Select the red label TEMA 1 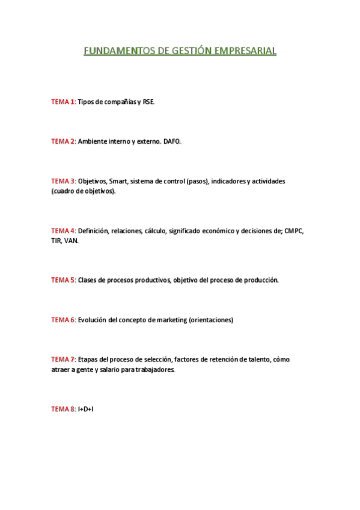(x=63, y=102)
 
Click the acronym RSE (x=148, y=102)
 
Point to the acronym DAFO (x=172, y=141)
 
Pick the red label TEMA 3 (x=63, y=181)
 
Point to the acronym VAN (x=71, y=241)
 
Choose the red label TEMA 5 (x=63, y=280)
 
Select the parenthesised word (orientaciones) (x=211, y=320)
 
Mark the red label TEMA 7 (x=63, y=360)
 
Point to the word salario (x=112, y=369)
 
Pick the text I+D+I (x=86, y=409)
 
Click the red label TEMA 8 (x=63, y=409)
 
